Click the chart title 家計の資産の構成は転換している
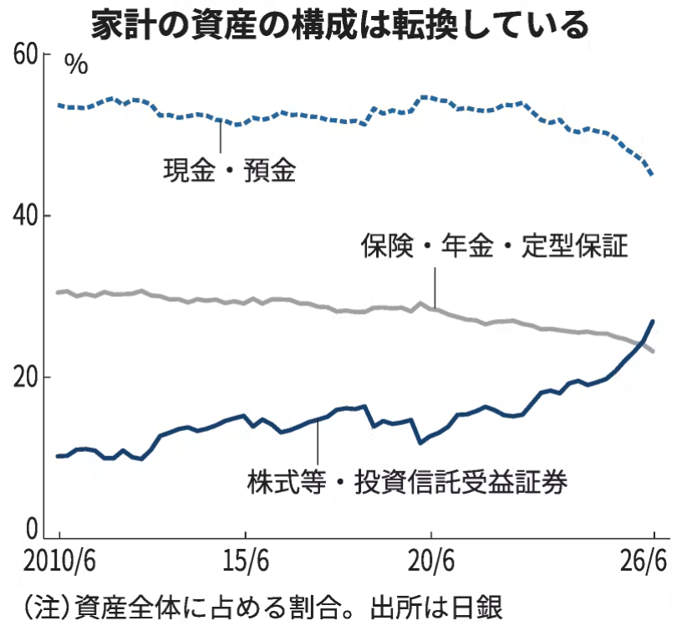click(339, 26)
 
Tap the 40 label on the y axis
click(25, 216)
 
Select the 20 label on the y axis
click(25, 377)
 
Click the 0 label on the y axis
click(32, 530)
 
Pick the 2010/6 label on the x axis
click(59, 562)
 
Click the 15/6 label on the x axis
click(246, 562)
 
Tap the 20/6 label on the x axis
click(431, 562)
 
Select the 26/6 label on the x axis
click(644, 562)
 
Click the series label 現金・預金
click(230, 170)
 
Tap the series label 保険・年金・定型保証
click(495, 245)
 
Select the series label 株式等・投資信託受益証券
click(407, 482)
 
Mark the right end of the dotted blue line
click(652, 174)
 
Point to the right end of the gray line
click(653, 351)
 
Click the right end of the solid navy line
click(653, 321)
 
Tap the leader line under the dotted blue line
click(221, 136)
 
